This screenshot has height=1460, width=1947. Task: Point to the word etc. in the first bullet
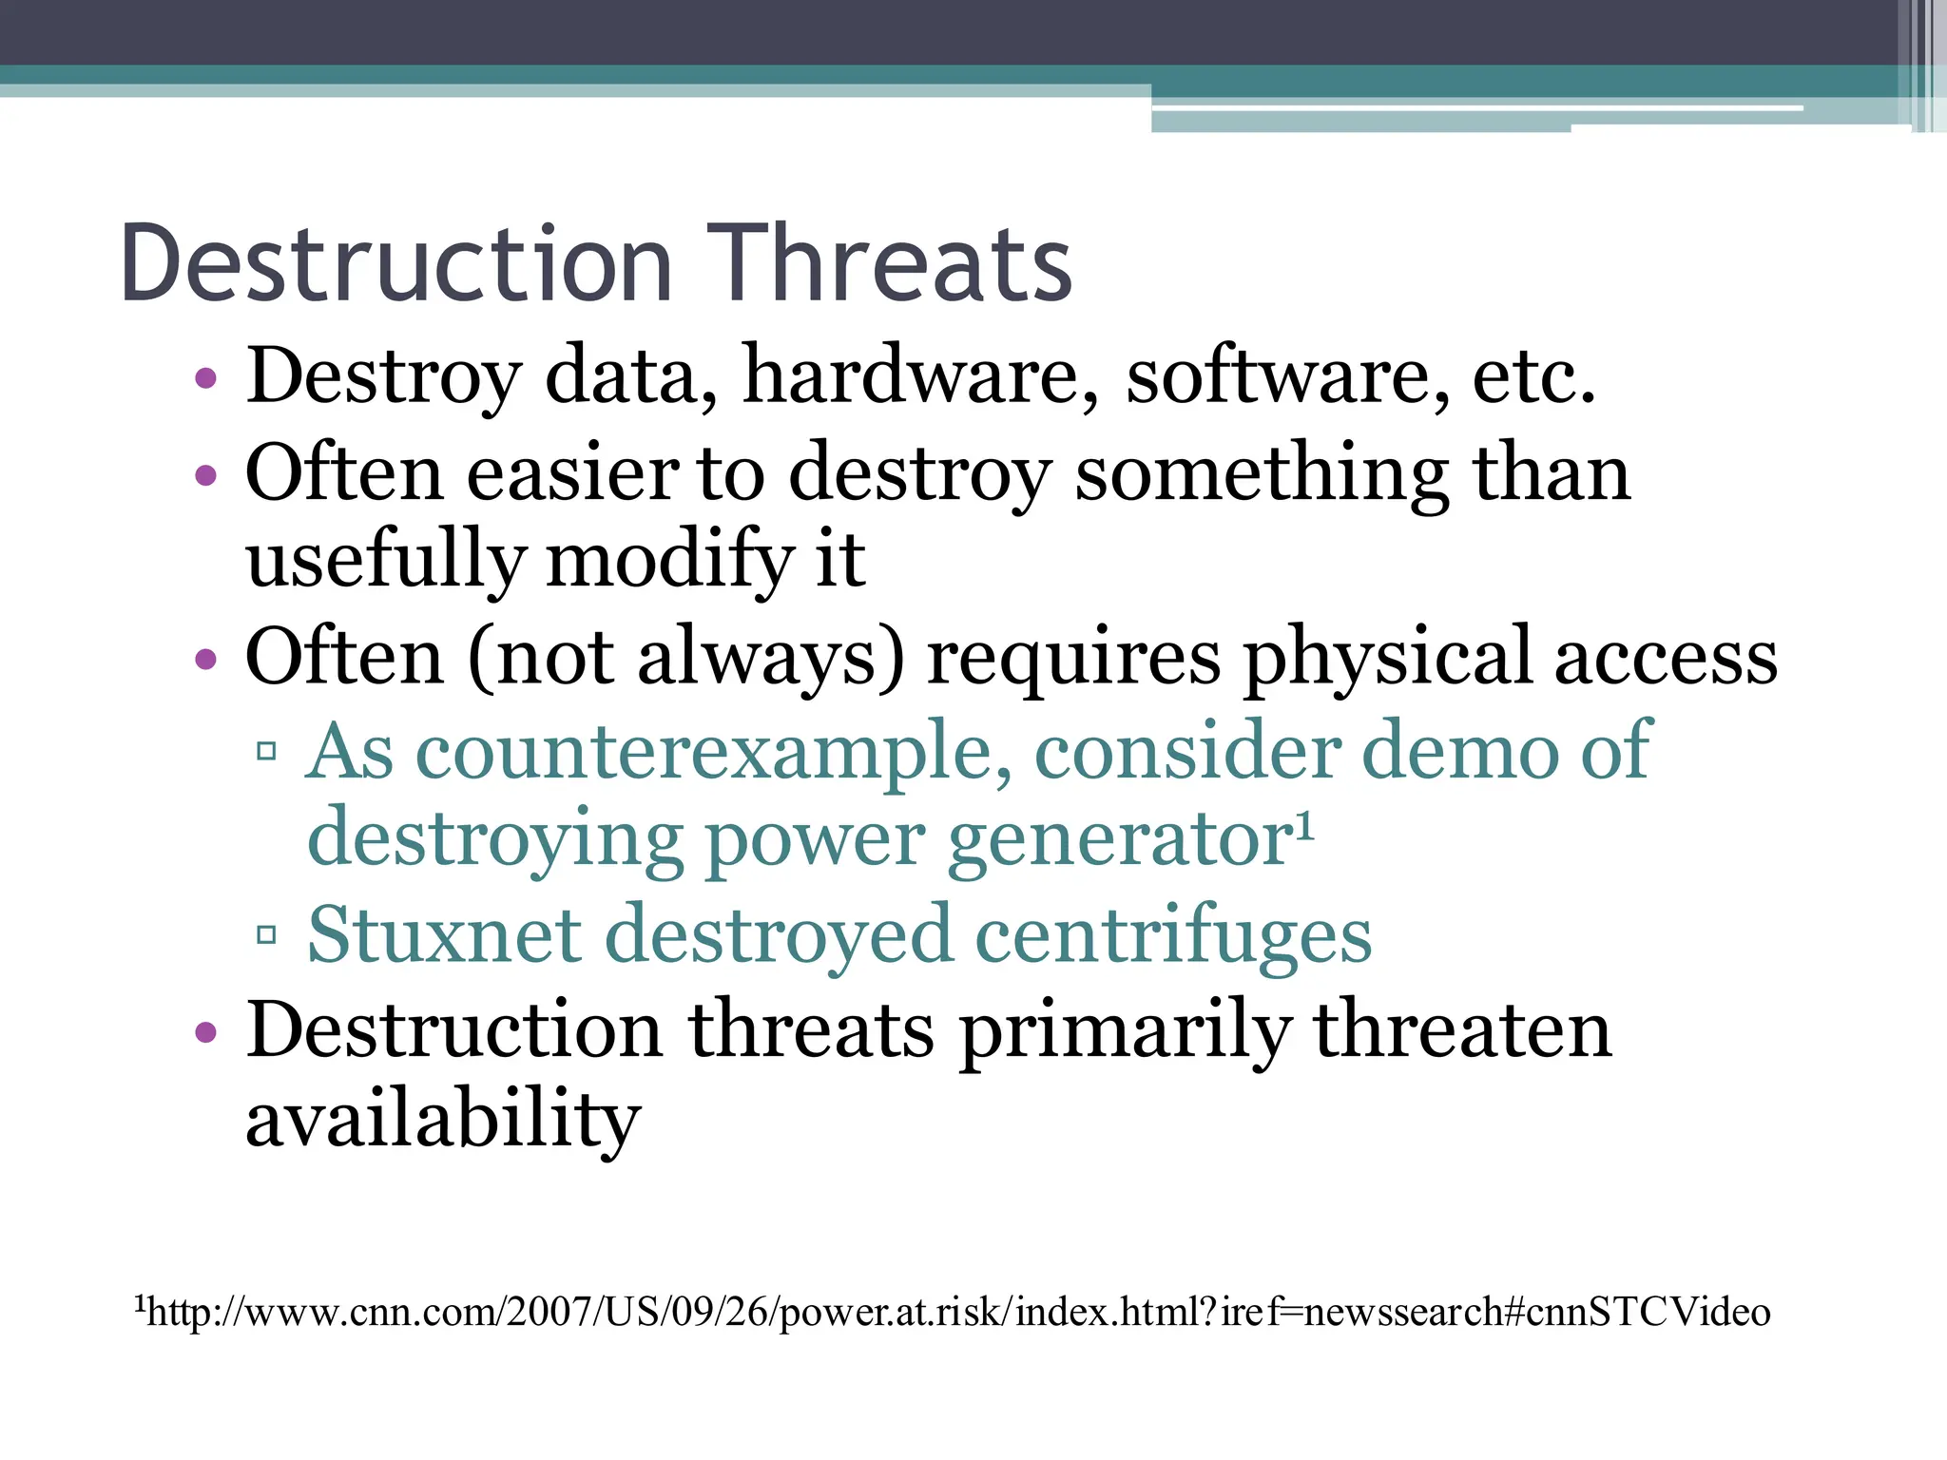pos(1533,376)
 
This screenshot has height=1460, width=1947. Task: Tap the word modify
pos(669,561)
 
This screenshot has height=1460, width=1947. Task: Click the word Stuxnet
pos(444,934)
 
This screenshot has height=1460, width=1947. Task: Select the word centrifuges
pos(1173,936)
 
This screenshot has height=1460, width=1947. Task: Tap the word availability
pos(443,1119)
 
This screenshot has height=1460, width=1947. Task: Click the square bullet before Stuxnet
pos(266,934)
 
